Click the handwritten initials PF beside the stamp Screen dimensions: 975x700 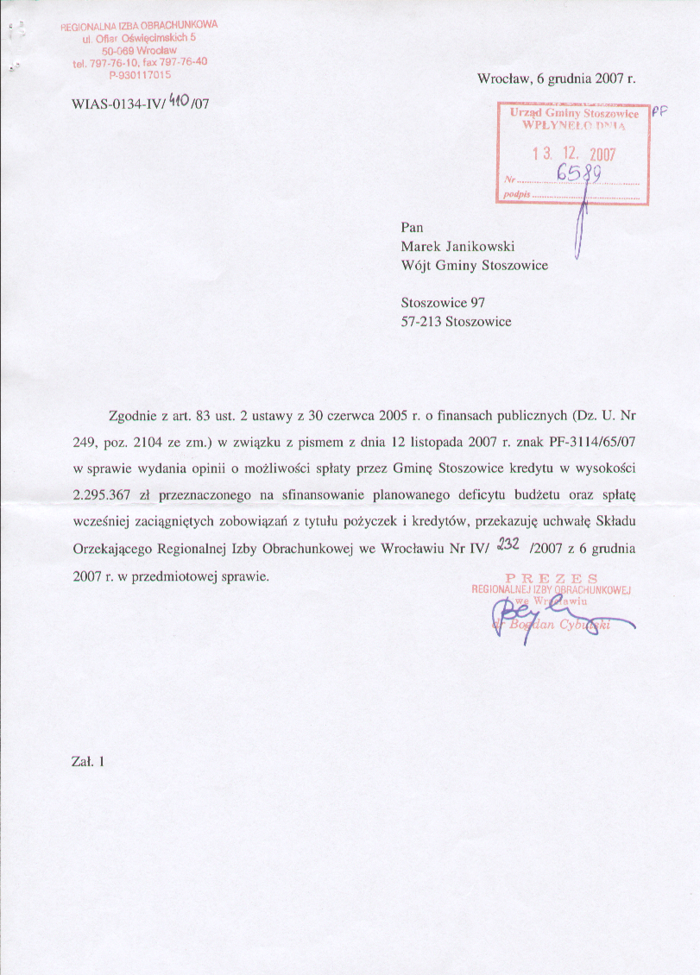[660, 111]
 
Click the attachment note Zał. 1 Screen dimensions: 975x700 [88, 761]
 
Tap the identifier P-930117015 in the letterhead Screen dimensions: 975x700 [140, 74]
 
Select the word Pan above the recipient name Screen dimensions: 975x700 [413, 227]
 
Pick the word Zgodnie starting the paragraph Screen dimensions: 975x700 [133, 415]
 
